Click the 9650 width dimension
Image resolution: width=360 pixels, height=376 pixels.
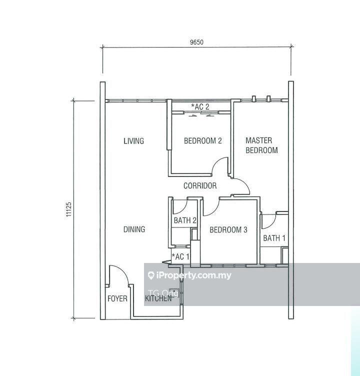196,42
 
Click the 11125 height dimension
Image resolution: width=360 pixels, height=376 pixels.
68,209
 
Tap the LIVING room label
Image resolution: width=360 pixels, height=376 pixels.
133,141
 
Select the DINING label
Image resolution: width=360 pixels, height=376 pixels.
134,229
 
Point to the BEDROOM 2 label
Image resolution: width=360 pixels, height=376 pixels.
202,141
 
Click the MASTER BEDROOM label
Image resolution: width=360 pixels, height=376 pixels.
261,145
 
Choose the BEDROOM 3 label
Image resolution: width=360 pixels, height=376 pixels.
228,230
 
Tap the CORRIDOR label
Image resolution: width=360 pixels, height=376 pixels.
200,186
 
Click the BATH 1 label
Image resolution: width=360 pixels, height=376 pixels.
274,238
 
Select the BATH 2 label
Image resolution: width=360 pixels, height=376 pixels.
185,220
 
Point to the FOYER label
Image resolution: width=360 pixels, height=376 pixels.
117,299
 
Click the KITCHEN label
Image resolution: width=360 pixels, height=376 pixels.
158,299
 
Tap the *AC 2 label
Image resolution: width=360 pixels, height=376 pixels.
200,106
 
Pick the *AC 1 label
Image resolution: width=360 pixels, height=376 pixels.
180,257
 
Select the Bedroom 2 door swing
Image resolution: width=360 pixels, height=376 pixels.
220,167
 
